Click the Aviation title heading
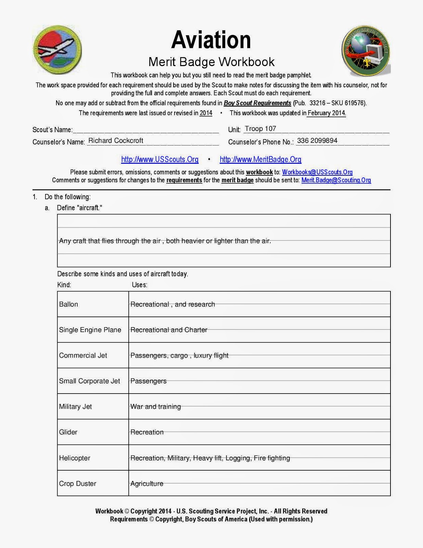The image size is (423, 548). coord(211,40)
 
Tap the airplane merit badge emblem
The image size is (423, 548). coord(57,50)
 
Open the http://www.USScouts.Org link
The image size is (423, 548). coord(160,160)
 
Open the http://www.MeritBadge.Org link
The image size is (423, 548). coord(260,160)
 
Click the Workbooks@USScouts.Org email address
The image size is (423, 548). coord(317,172)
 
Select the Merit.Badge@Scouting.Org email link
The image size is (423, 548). coord(336,180)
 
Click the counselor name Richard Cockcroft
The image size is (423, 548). coord(116,141)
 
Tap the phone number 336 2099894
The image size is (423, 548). coord(317,141)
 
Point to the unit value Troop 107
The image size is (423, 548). coord(260,129)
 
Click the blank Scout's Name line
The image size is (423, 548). coord(146,130)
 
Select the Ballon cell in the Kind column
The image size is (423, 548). coord(68,304)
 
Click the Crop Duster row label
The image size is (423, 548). coord(78,484)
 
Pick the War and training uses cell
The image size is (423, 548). coord(156,407)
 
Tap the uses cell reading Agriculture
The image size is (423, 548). coord(147,484)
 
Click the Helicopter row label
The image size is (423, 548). coord(75,458)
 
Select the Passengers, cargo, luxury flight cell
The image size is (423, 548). coord(179,356)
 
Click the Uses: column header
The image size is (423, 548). coord(140,285)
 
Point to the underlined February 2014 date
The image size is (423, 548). coord(326,113)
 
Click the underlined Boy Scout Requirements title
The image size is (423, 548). coord(257,103)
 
